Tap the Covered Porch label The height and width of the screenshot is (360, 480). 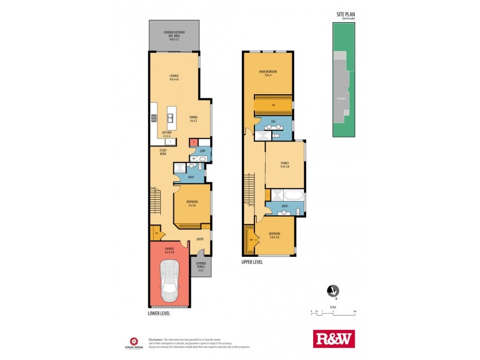[200, 268]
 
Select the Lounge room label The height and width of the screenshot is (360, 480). [174, 77]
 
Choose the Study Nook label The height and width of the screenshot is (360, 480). [163, 152]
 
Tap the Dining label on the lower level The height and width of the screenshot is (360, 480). [193, 119]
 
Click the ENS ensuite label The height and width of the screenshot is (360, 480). [273, 122]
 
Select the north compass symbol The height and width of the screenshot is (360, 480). [329, 290]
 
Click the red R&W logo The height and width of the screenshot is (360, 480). [334, 338]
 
